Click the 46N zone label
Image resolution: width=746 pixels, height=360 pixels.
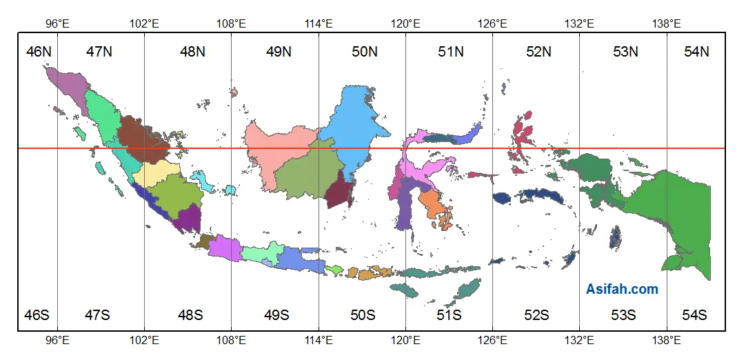38,51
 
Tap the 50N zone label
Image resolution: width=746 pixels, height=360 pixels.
364,51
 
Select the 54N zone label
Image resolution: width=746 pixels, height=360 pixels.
696,51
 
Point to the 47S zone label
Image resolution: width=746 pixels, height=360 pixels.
97,315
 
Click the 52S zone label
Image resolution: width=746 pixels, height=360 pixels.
536,315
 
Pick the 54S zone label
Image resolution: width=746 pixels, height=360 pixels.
694,315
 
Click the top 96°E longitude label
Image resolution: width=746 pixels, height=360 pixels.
57,23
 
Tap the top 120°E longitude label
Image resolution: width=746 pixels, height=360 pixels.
405,23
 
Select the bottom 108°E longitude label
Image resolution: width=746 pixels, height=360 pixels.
231,339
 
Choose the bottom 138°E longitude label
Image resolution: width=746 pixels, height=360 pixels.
666,339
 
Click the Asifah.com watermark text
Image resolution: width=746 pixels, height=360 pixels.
622,290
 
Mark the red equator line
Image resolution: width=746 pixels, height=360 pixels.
207,148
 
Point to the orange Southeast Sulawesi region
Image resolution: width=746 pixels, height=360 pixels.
432,203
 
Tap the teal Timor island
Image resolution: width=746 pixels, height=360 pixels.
469,289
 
